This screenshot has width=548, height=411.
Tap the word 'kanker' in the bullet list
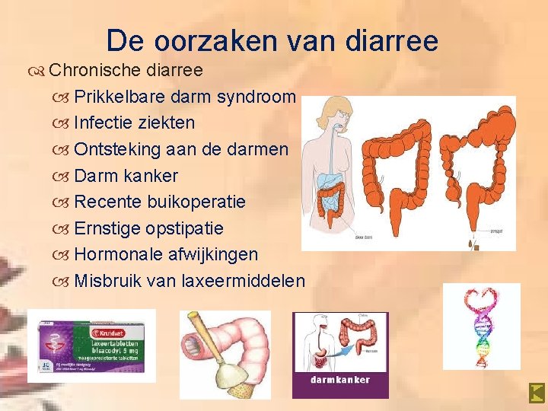click(151, 176)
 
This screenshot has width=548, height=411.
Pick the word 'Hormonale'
click(118, 254)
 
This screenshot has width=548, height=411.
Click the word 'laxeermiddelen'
click(244, 281)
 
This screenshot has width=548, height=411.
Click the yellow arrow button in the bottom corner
click(537, 393)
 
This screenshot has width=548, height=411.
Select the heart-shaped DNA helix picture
click(481, 326)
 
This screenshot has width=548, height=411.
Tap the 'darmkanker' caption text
click(340, 379)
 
